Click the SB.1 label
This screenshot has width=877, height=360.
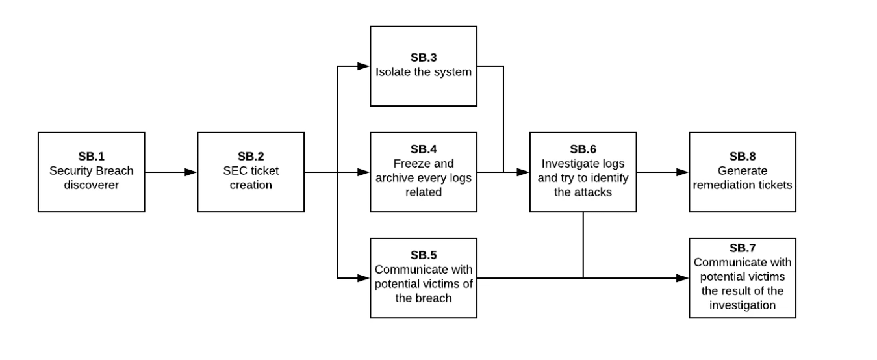click(x=91, y=157)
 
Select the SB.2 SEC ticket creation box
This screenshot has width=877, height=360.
click(x=251, y=172)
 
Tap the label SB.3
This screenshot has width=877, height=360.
click(x=424, y=57)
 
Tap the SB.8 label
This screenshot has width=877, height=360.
click(x=742, y=157)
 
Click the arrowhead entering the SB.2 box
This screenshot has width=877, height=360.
click(x=192, y=172)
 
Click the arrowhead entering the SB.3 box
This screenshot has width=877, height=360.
click(x=364, y=66)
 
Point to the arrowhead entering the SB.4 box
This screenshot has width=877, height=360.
click(x=364, y=172)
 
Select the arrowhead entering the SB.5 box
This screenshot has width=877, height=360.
click(x=364, y=278)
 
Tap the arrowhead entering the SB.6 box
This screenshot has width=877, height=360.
click(x=524, y=172)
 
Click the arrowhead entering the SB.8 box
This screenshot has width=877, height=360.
click(x=683, y=172)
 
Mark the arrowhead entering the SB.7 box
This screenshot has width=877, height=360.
click(x=683, y=278)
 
